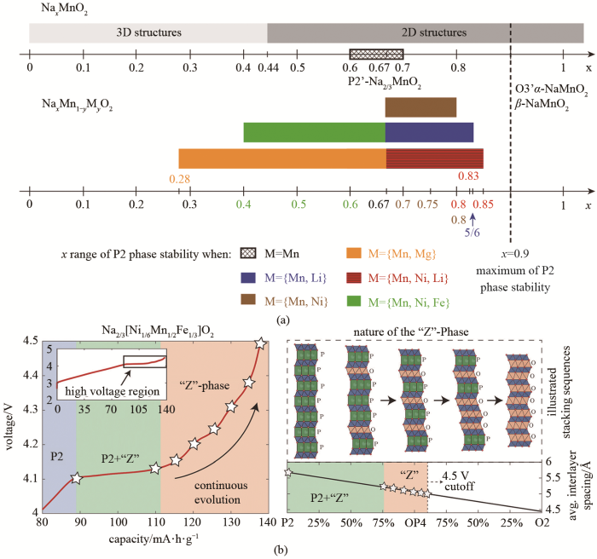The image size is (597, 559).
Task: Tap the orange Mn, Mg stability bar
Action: (281, 158)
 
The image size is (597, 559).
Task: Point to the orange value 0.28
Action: (179, 177)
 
